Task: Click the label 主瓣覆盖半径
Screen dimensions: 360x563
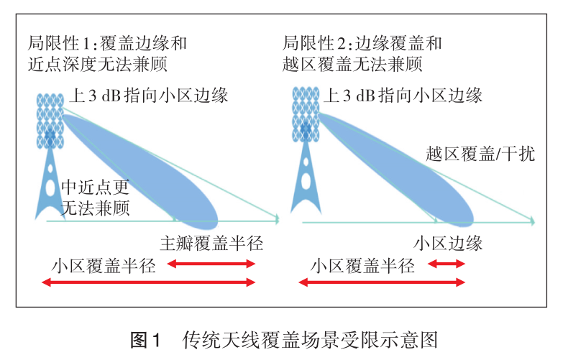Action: (x=211, y=243)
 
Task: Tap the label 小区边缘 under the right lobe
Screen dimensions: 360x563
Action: (x=447, y=243)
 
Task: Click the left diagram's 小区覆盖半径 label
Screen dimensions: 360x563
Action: (x=104, y=265)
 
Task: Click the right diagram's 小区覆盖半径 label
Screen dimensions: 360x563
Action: (x=362, y=265)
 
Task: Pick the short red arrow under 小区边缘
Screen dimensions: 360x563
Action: (x=447, y=264)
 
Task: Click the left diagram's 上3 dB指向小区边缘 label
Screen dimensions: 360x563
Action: (x=150, y=95)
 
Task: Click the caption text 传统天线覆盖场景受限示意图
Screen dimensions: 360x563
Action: (x=310, y=337)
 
